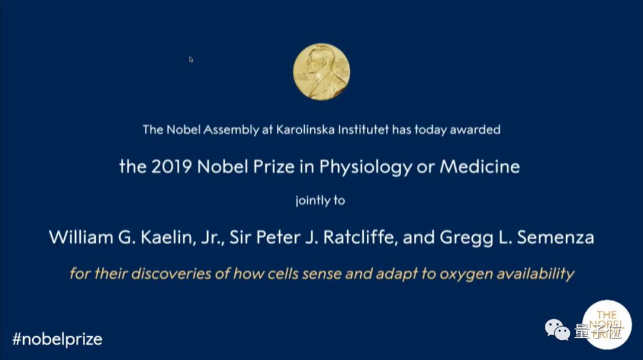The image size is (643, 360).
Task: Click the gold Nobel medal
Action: pos(321,72)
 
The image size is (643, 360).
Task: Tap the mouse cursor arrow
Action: pos(191,60)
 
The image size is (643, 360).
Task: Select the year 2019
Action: pos(171,167)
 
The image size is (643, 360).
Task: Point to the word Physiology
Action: pos(366,167)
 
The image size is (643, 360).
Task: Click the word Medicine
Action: pos(480,167)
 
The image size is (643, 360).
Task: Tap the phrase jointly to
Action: pos(320,201)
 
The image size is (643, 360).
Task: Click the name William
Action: pos(81,237)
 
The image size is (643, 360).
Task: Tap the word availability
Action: pos(535,274)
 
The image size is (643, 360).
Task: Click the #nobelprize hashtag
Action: pos(57,340)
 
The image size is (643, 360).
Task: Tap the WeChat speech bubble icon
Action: pos(557,330)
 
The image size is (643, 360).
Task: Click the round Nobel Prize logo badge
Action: pos(607,325)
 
